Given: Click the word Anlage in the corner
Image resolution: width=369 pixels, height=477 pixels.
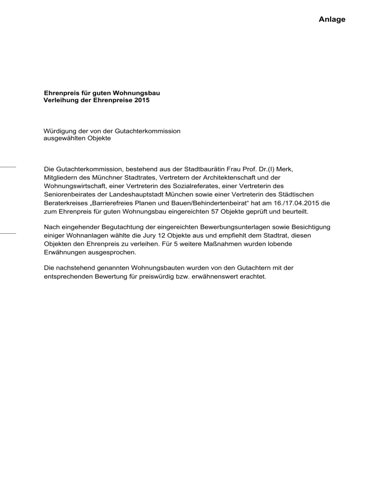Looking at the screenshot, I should tap(332, 20).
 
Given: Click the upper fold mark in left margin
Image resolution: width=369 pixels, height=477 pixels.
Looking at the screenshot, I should tap(8, 167).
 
